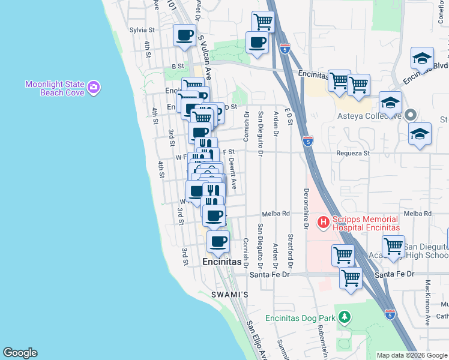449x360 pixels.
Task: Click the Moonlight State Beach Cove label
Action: coord(54,88)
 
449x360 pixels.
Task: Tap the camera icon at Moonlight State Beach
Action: coord(94,88)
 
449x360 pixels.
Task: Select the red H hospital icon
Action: coord(324,223)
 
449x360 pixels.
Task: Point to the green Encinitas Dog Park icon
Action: coord(344,316)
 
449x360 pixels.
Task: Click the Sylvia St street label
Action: coord(142,29)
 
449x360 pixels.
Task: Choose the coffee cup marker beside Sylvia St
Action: coord(185,35)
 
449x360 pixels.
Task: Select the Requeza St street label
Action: coord(349,154)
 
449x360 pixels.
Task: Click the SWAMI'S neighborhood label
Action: coord(230,295)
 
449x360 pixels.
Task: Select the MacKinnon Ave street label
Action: coord(428,303)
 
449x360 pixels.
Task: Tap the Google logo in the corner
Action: coord(20,353)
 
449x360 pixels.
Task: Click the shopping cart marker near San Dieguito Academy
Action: coord(393,246)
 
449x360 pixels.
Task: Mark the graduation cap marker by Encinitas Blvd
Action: coord(422,59)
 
